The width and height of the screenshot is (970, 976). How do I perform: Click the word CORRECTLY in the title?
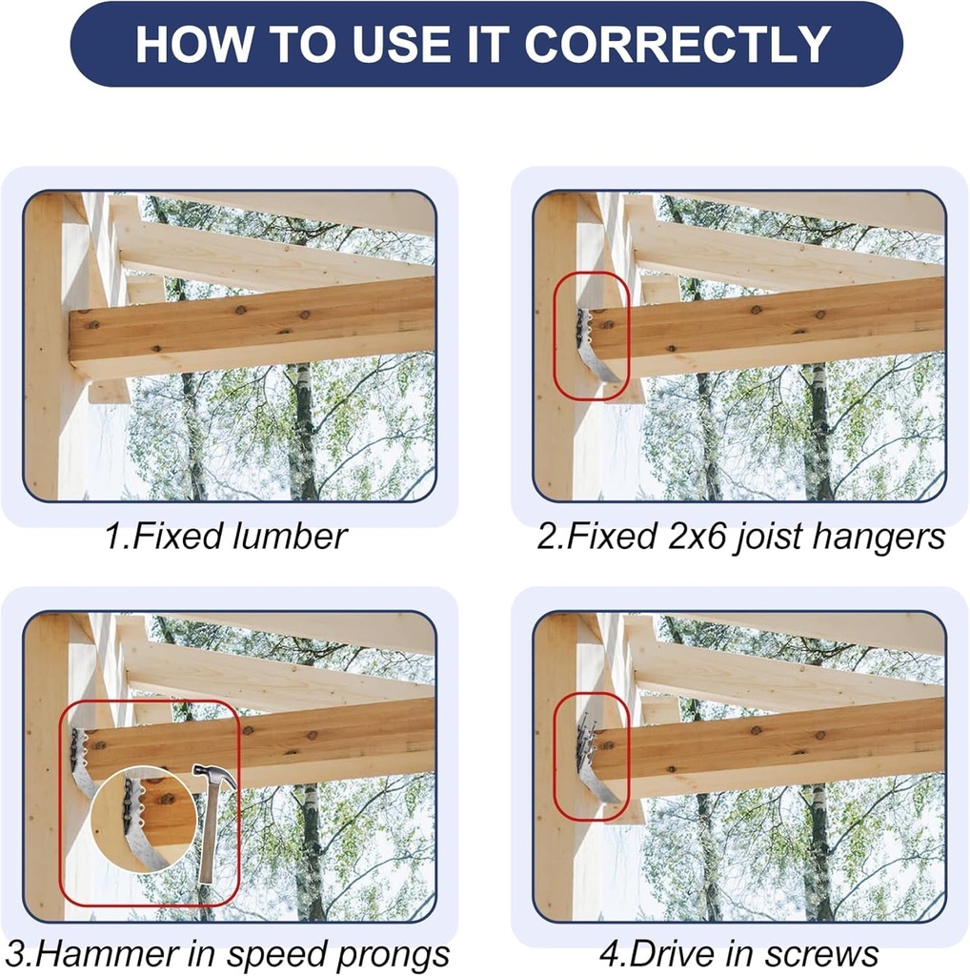[677, 44]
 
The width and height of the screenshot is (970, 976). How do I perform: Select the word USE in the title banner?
[405, 44]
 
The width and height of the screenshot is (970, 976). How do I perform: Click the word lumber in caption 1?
[290, 537]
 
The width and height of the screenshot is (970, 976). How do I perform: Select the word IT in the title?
[489, 44]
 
